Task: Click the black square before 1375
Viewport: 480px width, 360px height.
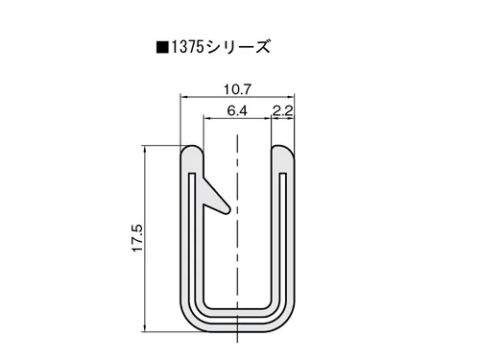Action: click(162, 48)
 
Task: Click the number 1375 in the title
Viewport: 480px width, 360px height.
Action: click(187, 48)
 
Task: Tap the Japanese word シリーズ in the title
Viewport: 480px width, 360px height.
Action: click(238, 47)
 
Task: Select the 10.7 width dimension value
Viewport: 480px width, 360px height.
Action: click(237, 89)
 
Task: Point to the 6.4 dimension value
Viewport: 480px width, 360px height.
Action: click(237, 110)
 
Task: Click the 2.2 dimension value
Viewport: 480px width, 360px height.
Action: click(283, 110)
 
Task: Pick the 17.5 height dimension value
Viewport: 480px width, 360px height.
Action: click(138, 238)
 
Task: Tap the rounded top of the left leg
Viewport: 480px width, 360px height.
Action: click(191, 148)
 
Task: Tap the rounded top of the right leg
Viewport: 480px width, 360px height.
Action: click(283, 148)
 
